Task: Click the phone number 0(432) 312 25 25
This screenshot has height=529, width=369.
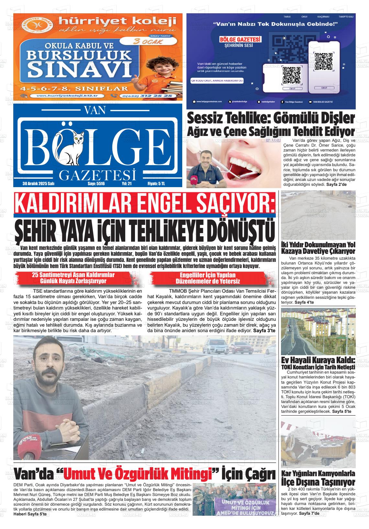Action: point(145,96)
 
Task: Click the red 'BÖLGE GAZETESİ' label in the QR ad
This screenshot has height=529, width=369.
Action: point(240,39)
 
